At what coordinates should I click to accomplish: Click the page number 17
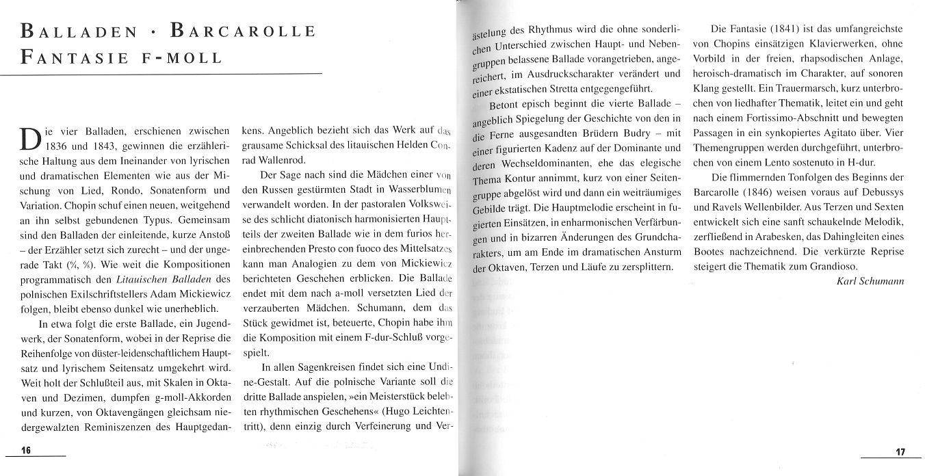900,451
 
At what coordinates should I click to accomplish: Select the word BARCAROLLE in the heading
242,31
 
